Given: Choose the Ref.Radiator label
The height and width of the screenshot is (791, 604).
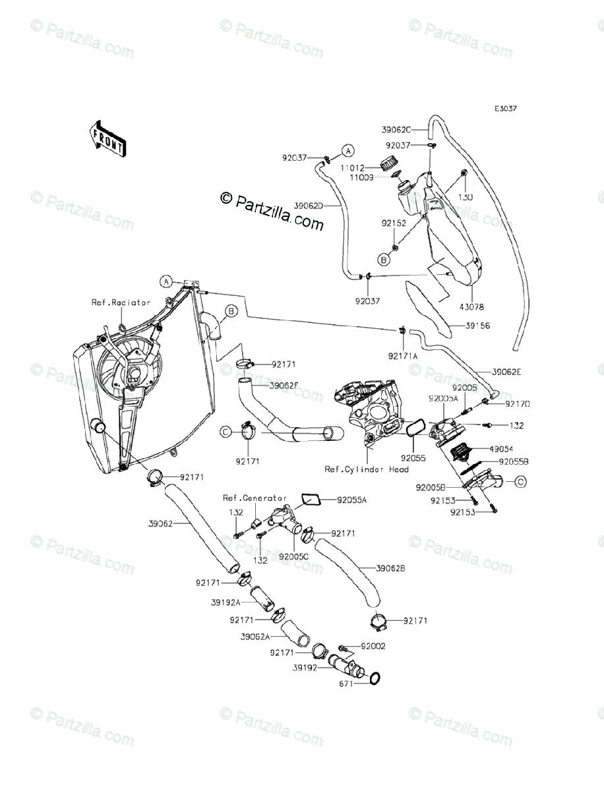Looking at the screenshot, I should click(121, 303).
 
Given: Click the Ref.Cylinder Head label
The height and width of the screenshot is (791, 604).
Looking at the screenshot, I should click(367, 469).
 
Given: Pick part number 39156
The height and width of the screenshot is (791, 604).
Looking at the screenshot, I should click(478, 326).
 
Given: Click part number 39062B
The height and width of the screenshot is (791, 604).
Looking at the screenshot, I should click(390, 568).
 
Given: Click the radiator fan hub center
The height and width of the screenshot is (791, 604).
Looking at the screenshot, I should click(135, 375).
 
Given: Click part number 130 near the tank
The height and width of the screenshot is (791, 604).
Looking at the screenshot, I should click(466, 196).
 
